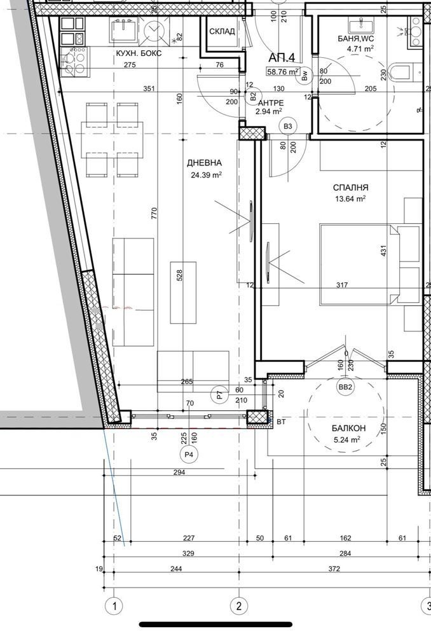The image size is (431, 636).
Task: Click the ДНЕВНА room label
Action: [x=204, y=163]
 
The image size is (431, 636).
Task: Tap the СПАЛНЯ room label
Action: [x=351, y=188]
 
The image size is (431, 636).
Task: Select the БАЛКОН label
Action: [x=349, y=428]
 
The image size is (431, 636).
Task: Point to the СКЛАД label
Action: [x=222, y=32]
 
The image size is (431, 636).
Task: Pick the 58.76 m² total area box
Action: [x=283, y=72]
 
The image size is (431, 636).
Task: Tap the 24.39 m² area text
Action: [x=207, y=176]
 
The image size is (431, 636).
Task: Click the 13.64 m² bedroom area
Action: [x=350, y=198]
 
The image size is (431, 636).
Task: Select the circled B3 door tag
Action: [x=288, y=126]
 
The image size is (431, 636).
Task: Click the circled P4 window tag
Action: [x=189, y=455]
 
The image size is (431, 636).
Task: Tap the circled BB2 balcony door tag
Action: [x=345, y=387]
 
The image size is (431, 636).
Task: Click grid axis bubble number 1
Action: [x=115, y=606]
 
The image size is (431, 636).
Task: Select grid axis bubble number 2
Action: [x=238, y=606]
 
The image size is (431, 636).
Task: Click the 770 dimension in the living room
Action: [x=154, y=213]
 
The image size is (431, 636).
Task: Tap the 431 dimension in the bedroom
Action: [x=383, y=250]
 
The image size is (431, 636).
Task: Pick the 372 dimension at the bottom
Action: [x=334, y=569]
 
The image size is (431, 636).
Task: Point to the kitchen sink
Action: [x=124, y=31]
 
